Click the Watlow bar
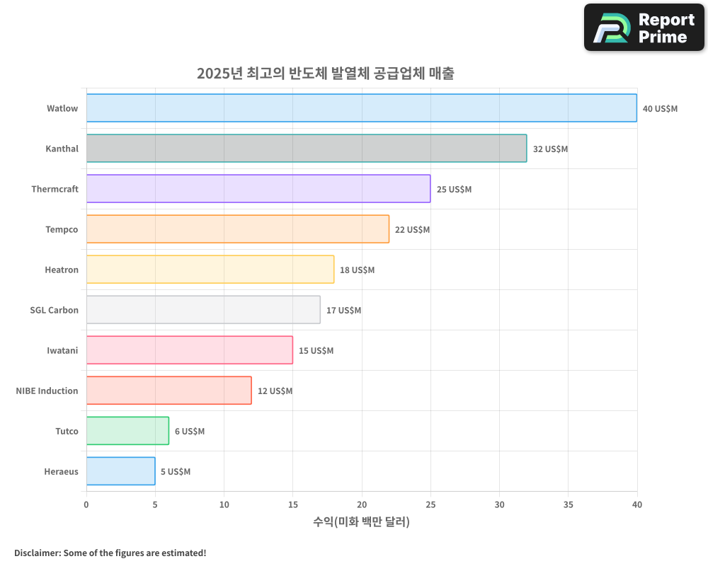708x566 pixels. click(x=361, y=108)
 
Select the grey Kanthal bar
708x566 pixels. click(x=306, y=149)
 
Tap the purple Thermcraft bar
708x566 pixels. click(x=258, y=189)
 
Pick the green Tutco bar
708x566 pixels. click(x=127, y=431)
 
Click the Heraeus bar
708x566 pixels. click(x=120, y=471)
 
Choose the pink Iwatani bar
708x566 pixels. click(x=189, y=350)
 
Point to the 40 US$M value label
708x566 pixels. click(x=660, y=109)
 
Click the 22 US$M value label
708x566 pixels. click(x=412, y=230)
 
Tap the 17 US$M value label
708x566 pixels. click(x=343, y=311)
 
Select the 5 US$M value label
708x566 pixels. click(x=175, y=472)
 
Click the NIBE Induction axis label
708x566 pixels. click(x=47, y=391)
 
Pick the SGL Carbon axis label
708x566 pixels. click(x=54, y=310)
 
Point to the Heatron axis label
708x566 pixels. click(x=62, y=270)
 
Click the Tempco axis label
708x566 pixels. click(x=62, y=229)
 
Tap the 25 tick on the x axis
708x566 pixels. click(x=430, y=504)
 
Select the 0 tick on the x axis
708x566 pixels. click(x=86, y=504)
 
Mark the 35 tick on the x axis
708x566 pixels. click(x=568, y=504)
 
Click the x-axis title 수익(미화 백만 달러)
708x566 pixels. click(x=361, y=522)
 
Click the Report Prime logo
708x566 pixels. click(x=644, y=28)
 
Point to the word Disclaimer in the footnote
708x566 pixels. click(x=37, y=553)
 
